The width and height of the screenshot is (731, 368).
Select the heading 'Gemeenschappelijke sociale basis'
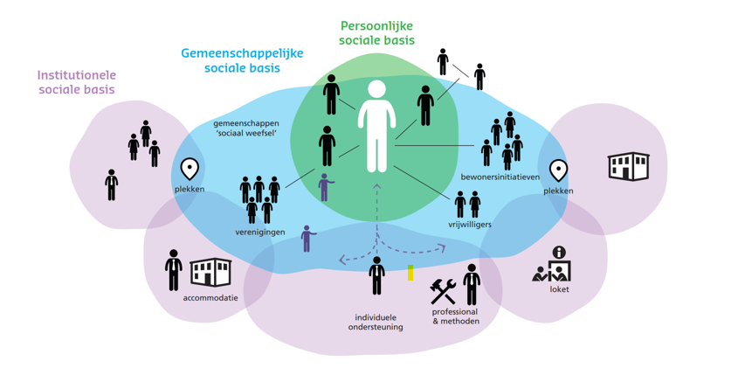(x=242, y=59)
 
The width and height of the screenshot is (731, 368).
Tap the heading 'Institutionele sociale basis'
(x=78, y=83)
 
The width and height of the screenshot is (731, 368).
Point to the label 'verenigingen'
(x=259, y=233)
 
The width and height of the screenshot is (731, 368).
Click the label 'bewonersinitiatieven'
(x=500, y=177)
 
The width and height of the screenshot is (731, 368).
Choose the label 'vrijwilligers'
(x=470, y=225)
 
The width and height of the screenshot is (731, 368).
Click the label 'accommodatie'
(x=210, y=297)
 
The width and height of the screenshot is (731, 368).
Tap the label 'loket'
(x=559, y=289)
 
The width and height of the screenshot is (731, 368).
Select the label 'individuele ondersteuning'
(x=378, y=322)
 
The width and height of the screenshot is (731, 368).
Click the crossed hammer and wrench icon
(x=444, y=290)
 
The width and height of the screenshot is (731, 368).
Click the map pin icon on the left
(x=190, y=169)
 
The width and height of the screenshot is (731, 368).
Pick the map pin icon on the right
(x=558, y=170)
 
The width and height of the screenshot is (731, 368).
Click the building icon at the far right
(x=629, y=165)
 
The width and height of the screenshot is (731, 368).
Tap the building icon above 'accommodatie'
(x=210, y=272)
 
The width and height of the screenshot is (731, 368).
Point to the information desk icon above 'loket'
(x=552, y=265)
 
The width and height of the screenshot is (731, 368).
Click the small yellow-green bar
(x=410, y=273)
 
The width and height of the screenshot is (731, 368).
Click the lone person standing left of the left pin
(x=112, y=184)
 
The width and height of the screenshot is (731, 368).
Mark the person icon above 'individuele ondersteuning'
(x=376, y=275)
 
